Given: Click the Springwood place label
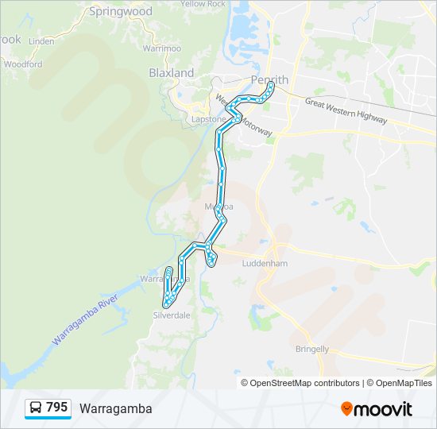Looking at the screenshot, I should (x=121, y=12).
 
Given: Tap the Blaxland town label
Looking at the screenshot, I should (x=172, y=73).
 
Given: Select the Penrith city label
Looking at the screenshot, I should (x=269, y=79).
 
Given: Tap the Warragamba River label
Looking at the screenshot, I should (x=85, y=322).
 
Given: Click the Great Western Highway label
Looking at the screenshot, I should (x=346, y=111).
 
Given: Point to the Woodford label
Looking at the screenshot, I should (x=23, y=64).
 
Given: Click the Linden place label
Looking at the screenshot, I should (x=41, y=41).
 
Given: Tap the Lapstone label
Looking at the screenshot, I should (x=209, y=119).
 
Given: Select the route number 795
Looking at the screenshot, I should (x=57, y=408).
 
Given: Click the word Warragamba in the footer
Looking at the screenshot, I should (x=115, y=408).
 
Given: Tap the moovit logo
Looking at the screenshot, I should (x=377, y=409).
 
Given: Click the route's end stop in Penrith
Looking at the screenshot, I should (x=271, y=83).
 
